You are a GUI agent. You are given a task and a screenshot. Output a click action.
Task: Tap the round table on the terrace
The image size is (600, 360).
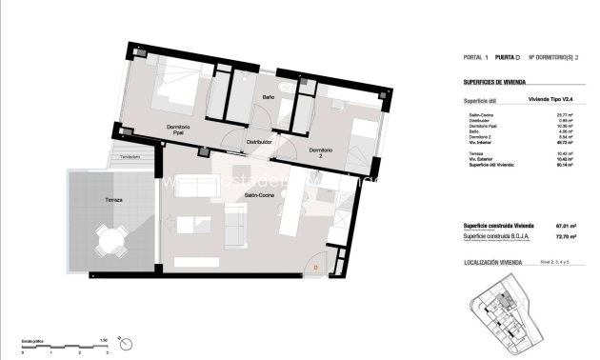[113, 244]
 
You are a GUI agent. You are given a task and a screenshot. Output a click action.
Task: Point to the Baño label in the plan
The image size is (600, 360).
[268, 97]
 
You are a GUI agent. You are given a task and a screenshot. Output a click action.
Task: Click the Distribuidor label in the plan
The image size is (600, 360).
[259, 142]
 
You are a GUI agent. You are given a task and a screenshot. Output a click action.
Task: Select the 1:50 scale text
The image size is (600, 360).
[103, 340]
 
